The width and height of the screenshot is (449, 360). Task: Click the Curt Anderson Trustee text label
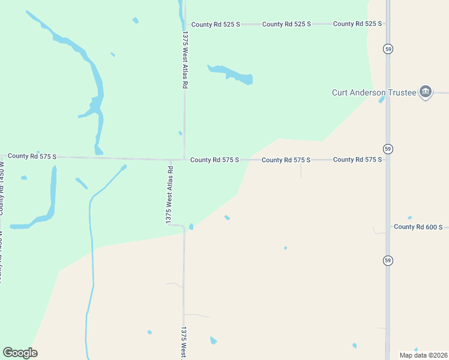373,92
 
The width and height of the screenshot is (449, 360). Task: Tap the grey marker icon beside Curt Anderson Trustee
426,91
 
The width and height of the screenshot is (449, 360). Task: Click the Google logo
20,353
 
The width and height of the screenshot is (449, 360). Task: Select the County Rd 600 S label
418,227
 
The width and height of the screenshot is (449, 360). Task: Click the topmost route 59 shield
388,49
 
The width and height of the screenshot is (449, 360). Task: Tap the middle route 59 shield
388,148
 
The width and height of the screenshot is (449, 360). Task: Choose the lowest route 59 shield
388,260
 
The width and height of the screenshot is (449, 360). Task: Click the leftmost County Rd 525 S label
215,24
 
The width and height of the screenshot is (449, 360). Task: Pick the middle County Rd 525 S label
286,24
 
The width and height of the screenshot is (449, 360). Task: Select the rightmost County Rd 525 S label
357,24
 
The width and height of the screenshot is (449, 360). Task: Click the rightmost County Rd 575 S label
357,160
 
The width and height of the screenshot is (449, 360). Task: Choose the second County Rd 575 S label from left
214,160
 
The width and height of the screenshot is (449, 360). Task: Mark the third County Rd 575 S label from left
286,160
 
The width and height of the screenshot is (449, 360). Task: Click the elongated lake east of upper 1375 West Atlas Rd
231,74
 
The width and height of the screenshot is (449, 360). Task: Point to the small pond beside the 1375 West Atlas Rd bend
191,227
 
